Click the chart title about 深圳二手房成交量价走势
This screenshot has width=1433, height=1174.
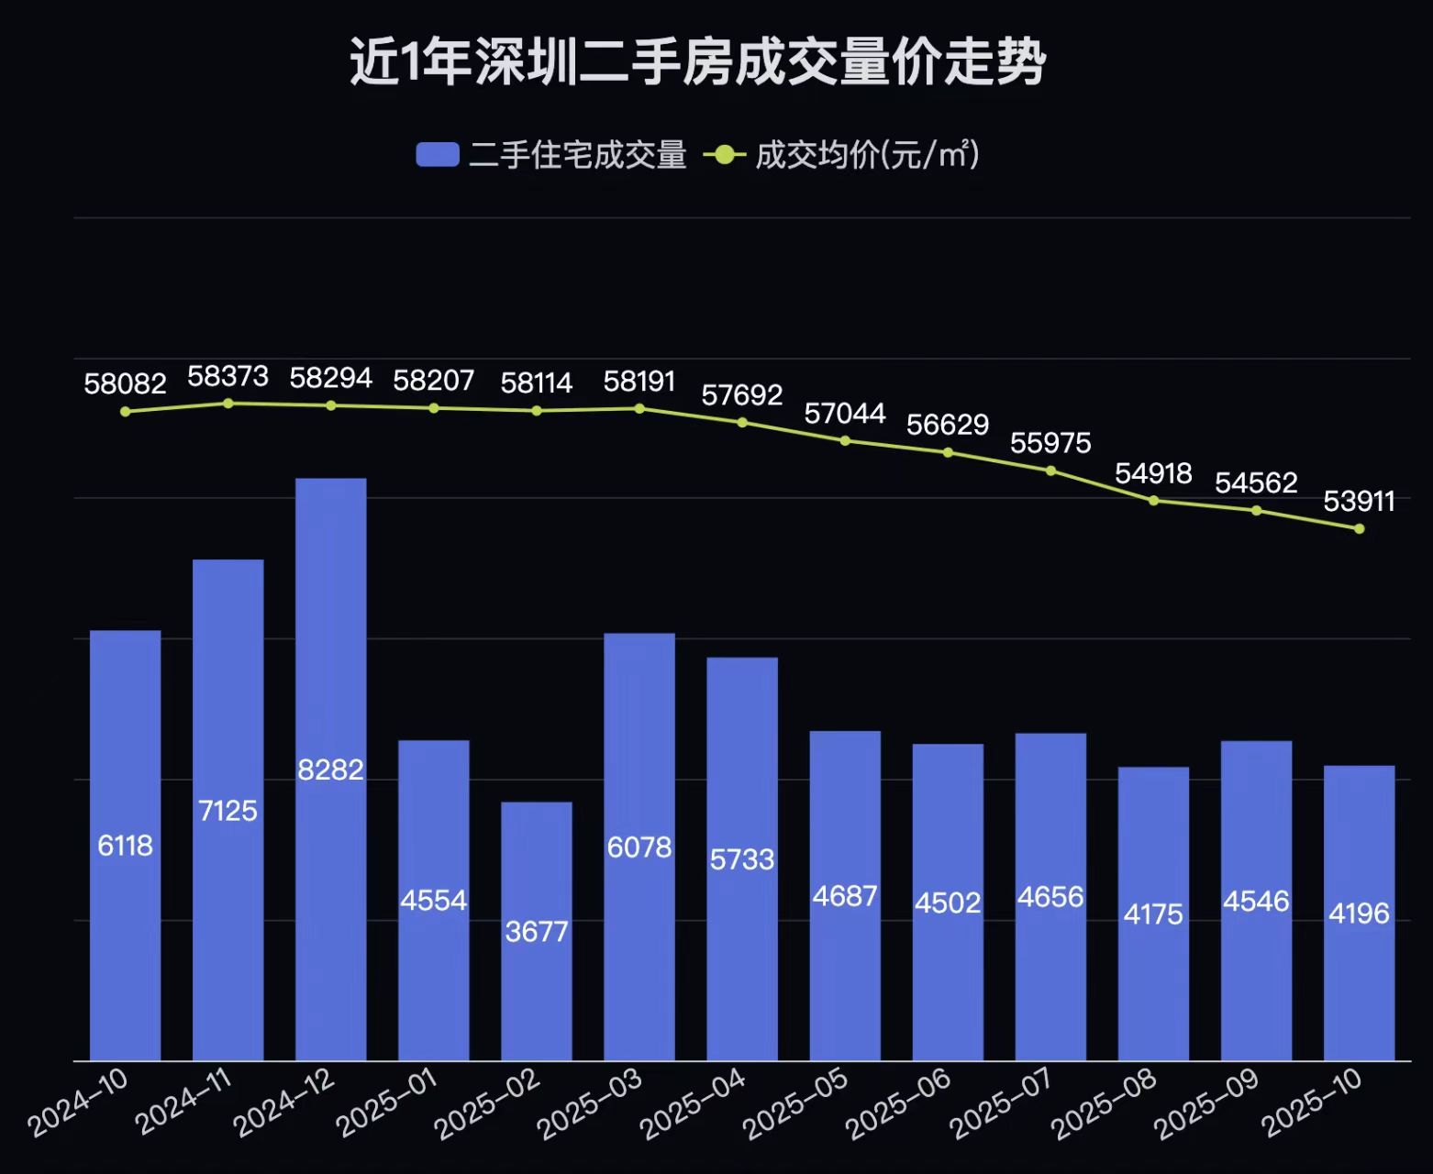coord(697,62)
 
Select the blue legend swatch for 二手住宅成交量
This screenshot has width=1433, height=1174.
coord(437,154)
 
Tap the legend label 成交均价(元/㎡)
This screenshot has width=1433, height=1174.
coord(867,154)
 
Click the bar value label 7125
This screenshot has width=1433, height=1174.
coord(228,811)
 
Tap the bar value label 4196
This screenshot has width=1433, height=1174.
coord(1359,914)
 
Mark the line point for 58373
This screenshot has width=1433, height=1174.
coord(228,404)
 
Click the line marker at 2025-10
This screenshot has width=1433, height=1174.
coord(1360,529)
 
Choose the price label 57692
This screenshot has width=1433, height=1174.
coord(742,395)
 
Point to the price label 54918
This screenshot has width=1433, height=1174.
coord(1153,473)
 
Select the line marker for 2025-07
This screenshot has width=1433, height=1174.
coord(1051,471)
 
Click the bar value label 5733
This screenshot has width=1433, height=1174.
coord(742,859)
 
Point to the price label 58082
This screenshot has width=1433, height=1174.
coord(125,383)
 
